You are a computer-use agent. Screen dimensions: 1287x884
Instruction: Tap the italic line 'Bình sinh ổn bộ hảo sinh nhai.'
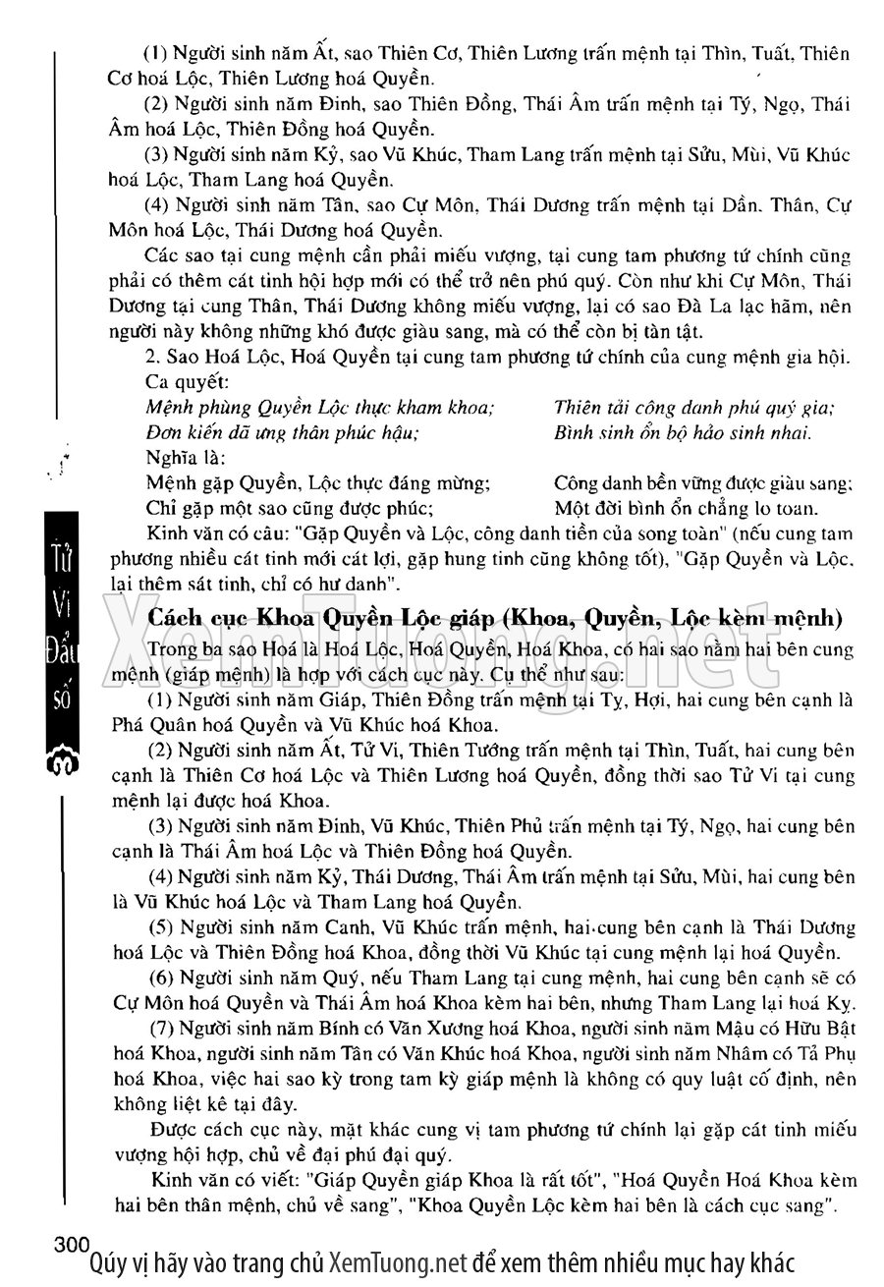(683, 432)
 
